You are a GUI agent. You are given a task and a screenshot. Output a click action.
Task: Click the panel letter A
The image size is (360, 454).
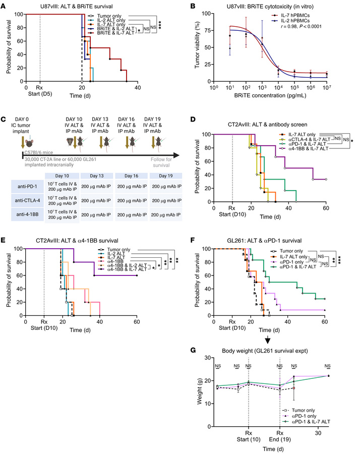point(5,4)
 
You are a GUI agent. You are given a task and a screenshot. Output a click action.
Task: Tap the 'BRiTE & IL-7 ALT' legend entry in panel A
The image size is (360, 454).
point(103,32)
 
